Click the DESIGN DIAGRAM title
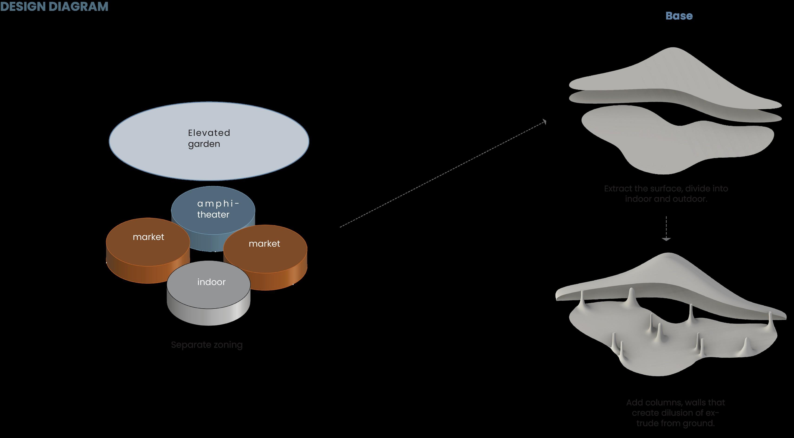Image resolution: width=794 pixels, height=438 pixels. coord(54,7)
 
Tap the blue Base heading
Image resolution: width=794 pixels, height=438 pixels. coord(679,16)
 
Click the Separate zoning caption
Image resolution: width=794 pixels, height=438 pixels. coord(207,345)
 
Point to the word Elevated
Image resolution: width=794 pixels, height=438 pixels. coord(209,133)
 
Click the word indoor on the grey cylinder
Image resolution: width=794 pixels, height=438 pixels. coord(211,282)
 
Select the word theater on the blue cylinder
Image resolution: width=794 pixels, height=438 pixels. coord(213,215)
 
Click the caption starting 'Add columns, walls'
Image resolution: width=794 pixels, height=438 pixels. coord(675,413)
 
